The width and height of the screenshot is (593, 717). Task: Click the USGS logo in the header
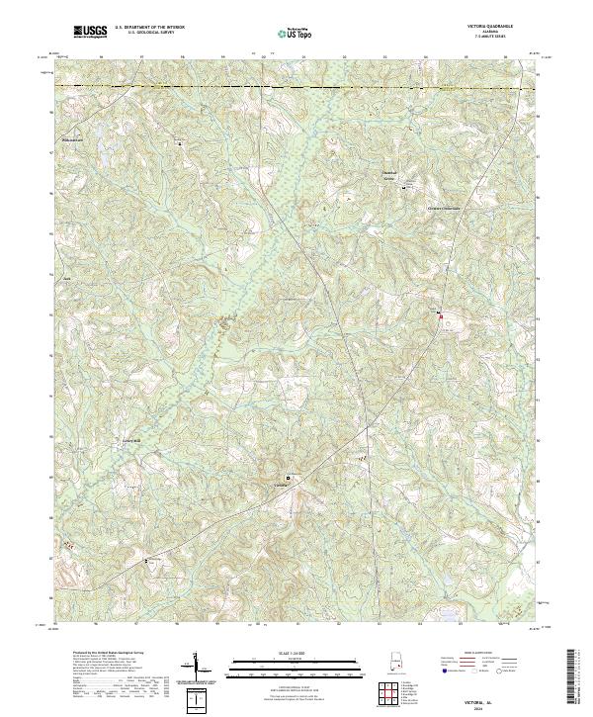[90, 32]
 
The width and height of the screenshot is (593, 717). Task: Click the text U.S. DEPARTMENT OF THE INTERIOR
[148, 28]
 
